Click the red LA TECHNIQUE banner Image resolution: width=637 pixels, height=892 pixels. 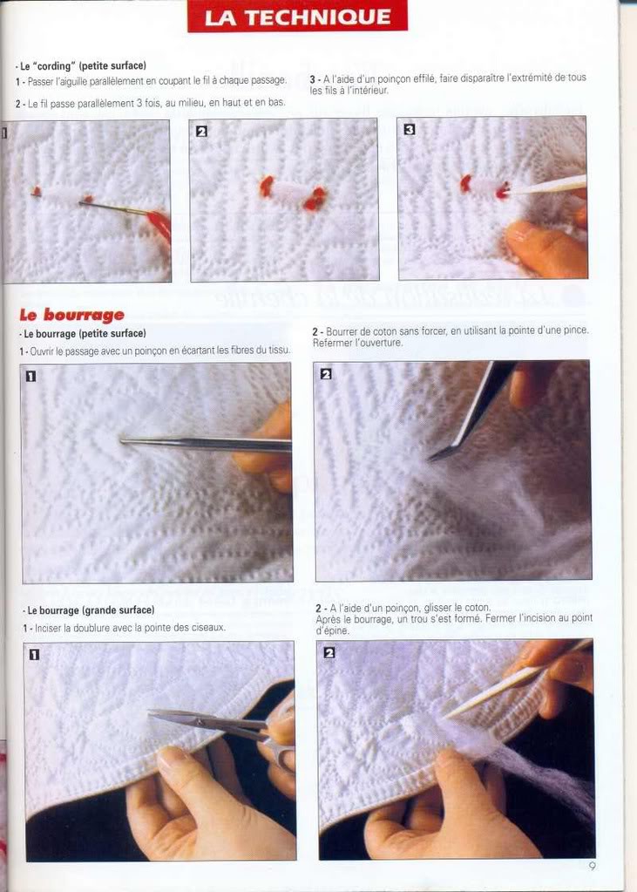(x=297, y=17)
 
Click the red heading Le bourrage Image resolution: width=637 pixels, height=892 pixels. (x=71, y=315)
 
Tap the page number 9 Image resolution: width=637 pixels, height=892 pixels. (x=592, y=867)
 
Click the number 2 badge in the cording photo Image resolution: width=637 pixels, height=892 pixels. (x=201, y=132)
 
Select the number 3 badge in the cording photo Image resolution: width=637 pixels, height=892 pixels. (x=409, y=130)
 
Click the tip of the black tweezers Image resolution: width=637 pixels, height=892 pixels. (x=430, y=459)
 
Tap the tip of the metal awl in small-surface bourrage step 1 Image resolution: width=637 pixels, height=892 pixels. (x=121, y=439)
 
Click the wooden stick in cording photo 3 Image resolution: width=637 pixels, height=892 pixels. (x=547, y=186)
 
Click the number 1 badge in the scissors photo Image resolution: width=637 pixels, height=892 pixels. (x=35, y=655)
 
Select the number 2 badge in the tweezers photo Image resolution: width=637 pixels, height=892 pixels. (x=326, y=374)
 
